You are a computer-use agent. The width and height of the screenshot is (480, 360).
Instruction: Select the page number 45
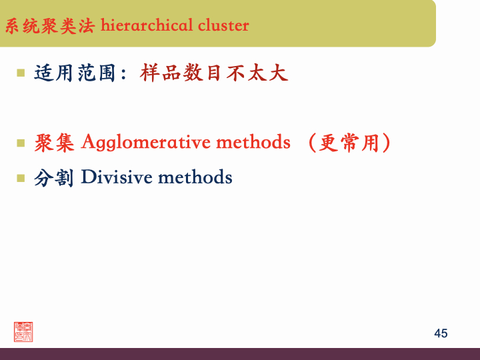point(441,333)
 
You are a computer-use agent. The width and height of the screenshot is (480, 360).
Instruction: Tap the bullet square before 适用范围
point(21,71)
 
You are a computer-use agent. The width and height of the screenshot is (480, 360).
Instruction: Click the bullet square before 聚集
point(21,142)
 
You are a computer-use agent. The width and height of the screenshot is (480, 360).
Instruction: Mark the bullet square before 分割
point(21,178)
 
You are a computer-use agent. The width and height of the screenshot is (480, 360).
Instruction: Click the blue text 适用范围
point(73,73)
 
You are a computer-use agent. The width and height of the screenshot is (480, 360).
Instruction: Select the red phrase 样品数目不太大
point(214,73)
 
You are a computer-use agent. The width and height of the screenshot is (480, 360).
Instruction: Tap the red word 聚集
point(54,143)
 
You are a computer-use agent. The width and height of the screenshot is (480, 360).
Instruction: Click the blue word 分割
point(54,178)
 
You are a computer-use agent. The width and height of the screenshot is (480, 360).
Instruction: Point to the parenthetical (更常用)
point(349,143)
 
